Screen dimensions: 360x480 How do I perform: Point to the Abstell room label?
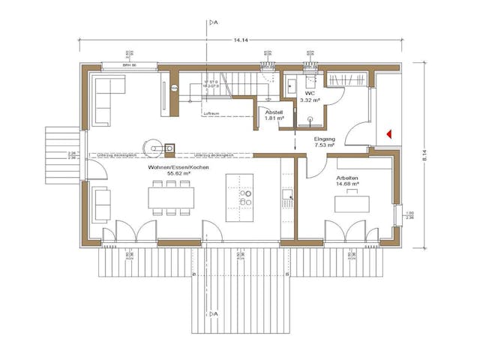[274, 112]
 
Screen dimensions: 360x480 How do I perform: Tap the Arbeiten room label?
[346, 178]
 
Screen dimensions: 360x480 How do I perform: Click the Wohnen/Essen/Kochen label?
[178, 166]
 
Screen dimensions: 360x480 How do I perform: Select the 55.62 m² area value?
[178, 173]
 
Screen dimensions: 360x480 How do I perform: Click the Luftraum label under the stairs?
[212, 114]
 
